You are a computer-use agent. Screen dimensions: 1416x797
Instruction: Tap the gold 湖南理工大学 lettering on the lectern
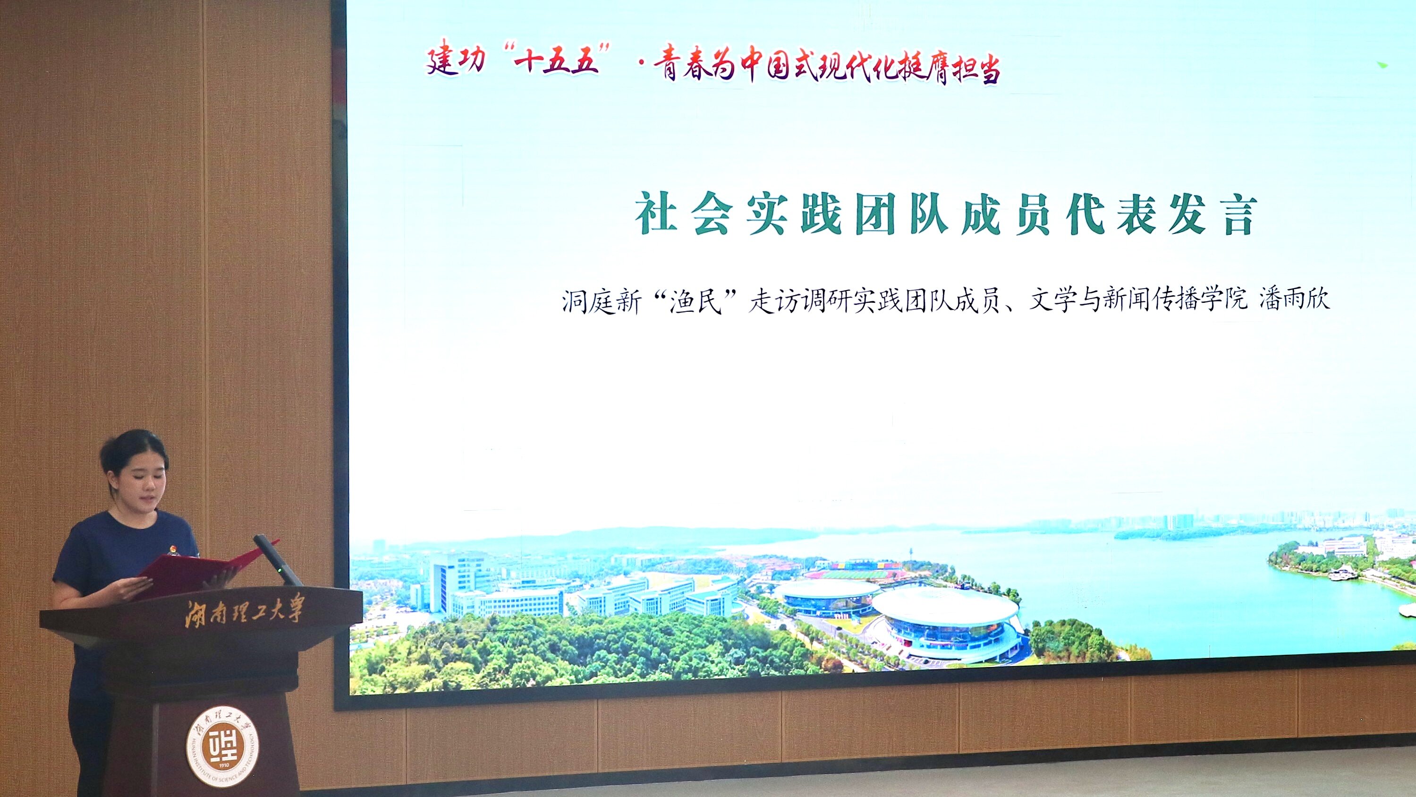coord(244,610)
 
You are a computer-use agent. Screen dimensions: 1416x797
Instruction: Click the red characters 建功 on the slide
coord(456,60)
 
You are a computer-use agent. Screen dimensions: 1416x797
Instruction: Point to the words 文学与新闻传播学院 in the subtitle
coord(1138,300)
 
